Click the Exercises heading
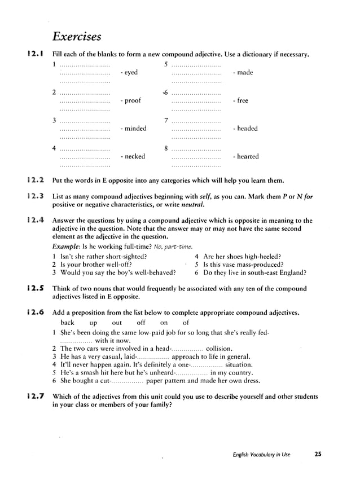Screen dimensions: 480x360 click(76, 37)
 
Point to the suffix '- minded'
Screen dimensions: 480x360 click(133, 129)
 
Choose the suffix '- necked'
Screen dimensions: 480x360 click(133, 157)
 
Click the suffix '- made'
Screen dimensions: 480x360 click(243, 73)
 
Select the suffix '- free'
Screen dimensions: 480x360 click(240, 101)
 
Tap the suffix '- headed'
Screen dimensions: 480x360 click(245, 129)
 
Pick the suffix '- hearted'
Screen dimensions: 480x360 click(245, 157)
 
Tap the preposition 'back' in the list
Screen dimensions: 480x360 click(68, 323)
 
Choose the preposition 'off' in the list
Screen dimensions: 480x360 click(141, 323)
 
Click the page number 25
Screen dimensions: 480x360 click(318, 455)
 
